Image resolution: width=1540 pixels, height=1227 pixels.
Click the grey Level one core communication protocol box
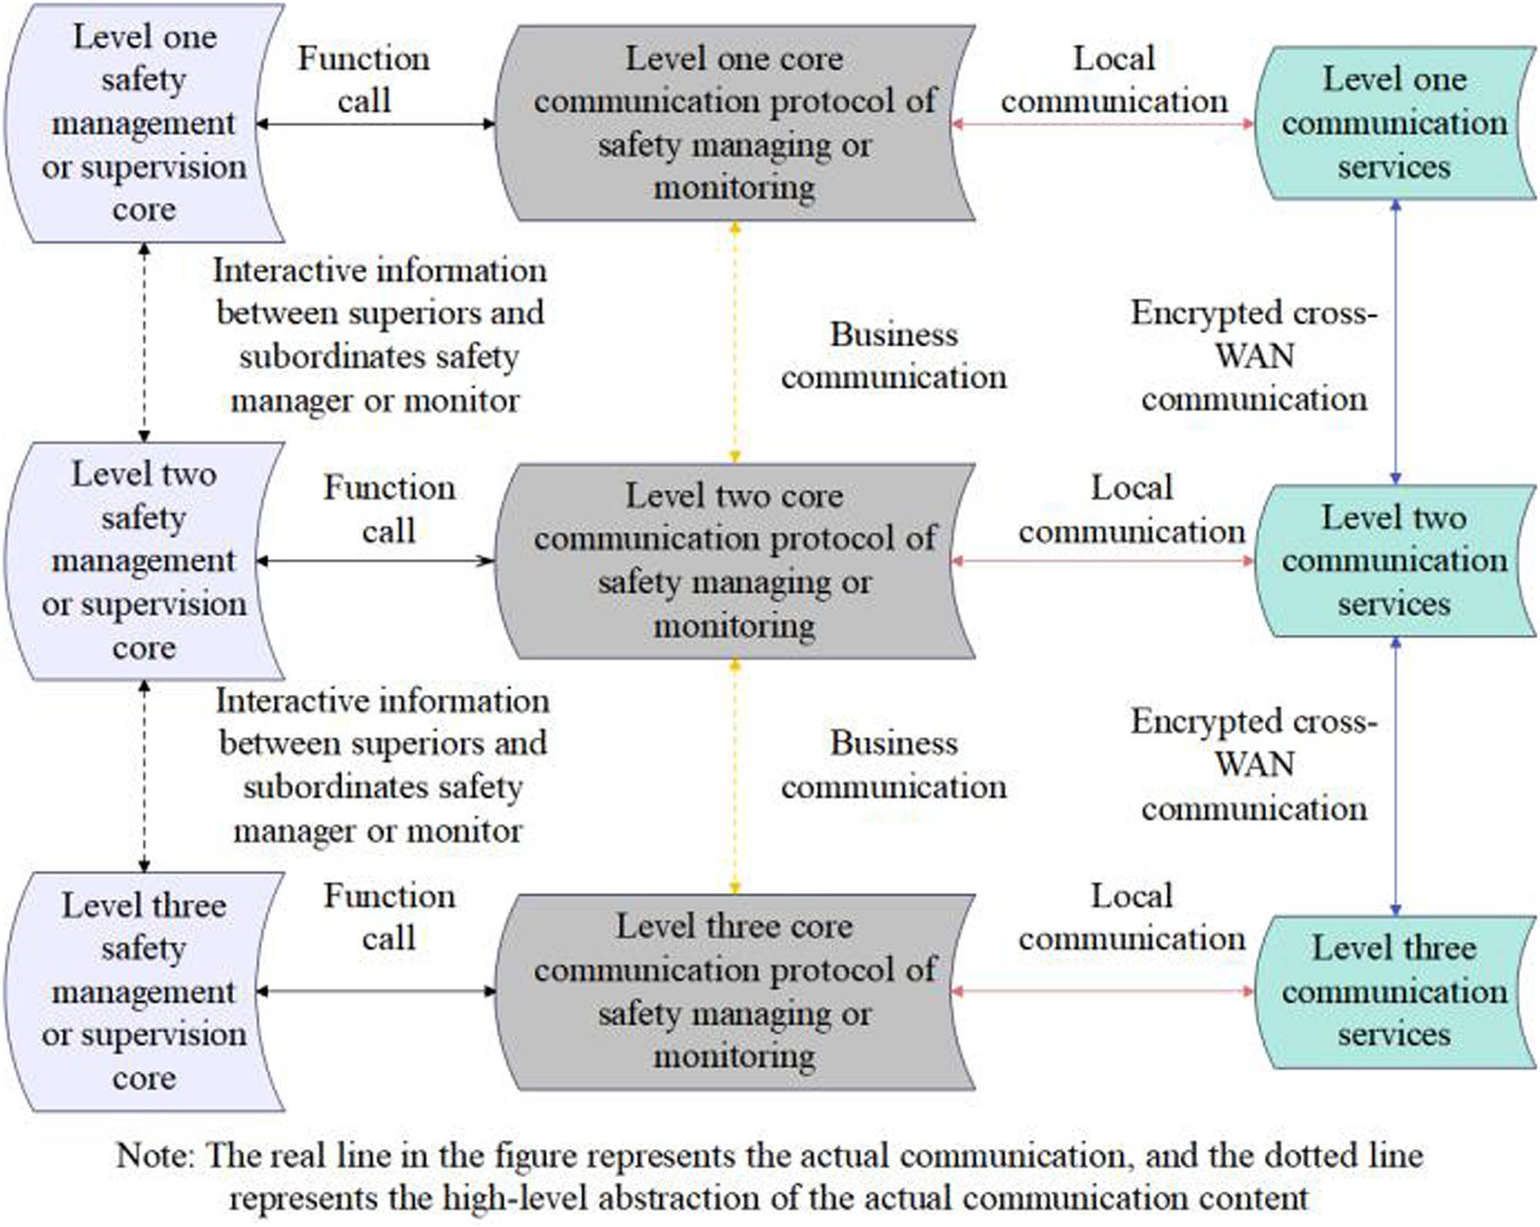[x=733, y=123]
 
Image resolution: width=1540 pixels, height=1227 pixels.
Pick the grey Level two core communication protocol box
[x=733, y=561]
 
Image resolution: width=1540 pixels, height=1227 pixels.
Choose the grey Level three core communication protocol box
[x=733, y=991]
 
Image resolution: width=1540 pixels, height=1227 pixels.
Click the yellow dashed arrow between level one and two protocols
[x=735, y=343]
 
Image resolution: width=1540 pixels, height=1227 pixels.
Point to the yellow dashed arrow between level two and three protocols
[x=735, y=776]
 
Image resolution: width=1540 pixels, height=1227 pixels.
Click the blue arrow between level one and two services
[x=1395, y=343]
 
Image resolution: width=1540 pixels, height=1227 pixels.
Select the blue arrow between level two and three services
[x=1395, y=776]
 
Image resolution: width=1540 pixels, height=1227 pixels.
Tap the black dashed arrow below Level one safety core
[x=144, y=343]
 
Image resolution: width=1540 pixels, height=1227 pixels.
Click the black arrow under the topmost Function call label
[x=375, y=124]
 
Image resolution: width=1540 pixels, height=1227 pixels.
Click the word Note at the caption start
[x=156, y=1156]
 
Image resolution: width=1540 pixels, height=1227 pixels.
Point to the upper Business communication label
[x=894, y=356]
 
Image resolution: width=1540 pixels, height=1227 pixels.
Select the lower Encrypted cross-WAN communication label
[x=1253, y=765]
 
